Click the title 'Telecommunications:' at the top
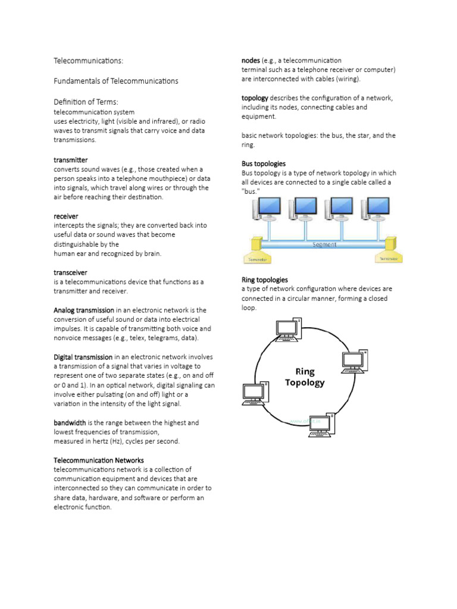click(89, 61)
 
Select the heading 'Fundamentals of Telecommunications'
click(116, 81)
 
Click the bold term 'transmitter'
click(71, 160)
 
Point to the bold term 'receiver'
click(66, 216)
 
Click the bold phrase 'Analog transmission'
click(84, 310)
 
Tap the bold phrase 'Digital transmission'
click(83, 357)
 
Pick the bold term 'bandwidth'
click(70, 422)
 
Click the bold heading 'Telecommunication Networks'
click(99, 460)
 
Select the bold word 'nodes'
click(251, 60)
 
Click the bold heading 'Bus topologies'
click(264, 164)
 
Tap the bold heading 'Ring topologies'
click(265, 280)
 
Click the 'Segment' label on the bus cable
click(324, 244)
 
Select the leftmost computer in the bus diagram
click(267, 209)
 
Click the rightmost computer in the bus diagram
click(375, 209)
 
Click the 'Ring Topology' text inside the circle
click(305, 377)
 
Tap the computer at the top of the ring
click(289, 329)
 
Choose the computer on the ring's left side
click(255, 395)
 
